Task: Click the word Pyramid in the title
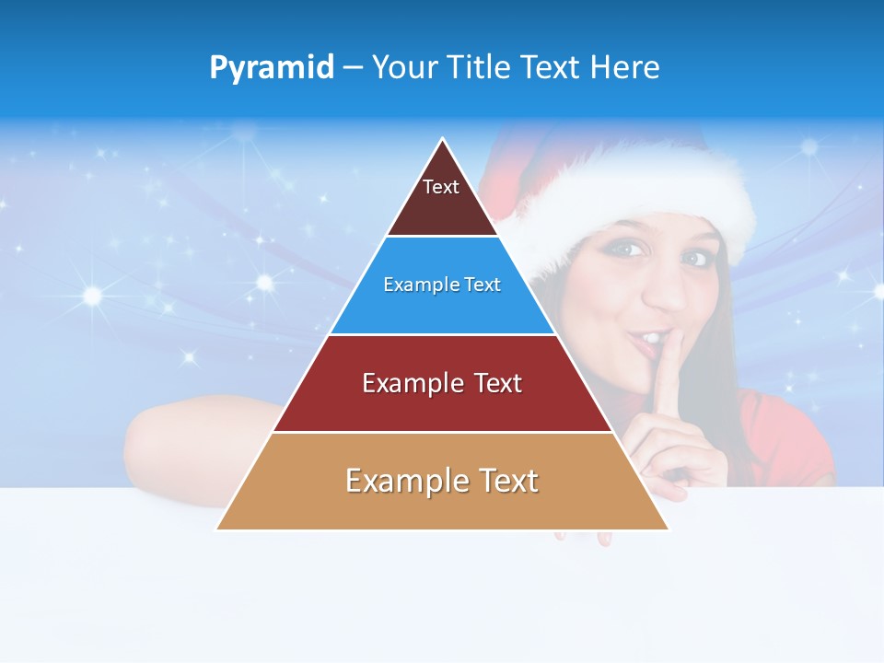271,68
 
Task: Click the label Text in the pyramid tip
441,187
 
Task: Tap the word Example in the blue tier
413,285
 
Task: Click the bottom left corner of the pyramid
217,529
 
